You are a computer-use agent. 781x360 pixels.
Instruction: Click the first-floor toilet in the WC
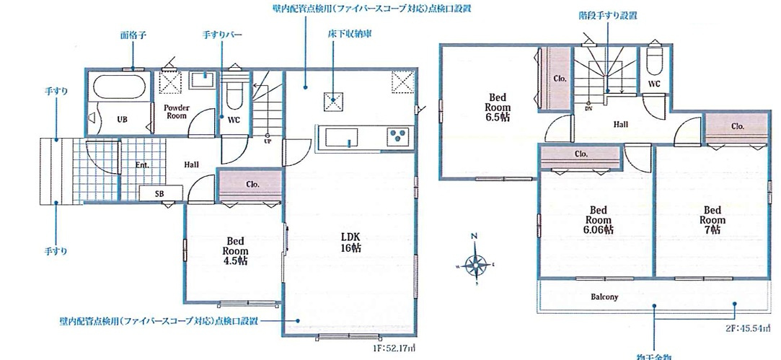(x=233, y=93)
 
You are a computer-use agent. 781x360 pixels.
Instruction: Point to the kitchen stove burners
(x=398, y=134)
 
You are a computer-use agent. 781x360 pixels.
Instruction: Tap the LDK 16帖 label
(x=350, y=242)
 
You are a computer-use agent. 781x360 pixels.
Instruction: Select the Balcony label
(x=604, y=297)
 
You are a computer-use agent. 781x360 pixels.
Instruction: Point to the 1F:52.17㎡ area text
(x=394, y=348)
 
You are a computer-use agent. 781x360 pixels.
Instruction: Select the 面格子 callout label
(x=133, y=34)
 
